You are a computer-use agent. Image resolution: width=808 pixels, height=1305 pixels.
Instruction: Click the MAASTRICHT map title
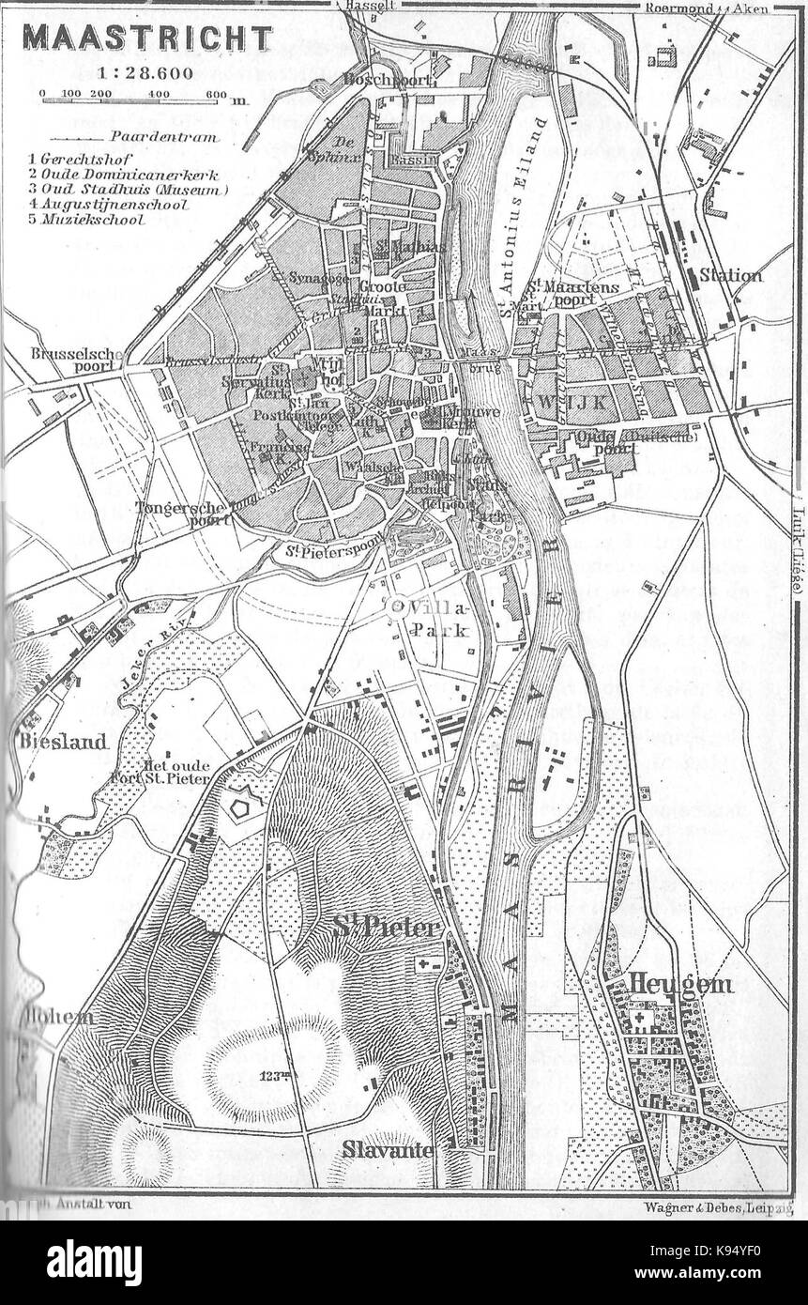point(147,38)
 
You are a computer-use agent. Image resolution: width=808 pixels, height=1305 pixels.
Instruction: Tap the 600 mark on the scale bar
point(217,94)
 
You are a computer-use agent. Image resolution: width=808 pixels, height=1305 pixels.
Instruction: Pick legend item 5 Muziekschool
point(86,220)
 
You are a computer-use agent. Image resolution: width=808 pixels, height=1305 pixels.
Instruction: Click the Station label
point(730,275)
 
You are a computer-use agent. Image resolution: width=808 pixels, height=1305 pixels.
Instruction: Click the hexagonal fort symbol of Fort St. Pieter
point(246,803)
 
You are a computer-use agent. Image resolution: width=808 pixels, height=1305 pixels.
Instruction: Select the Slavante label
point(387,1149)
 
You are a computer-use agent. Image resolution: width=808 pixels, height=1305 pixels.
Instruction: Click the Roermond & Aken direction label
point(707,8)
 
